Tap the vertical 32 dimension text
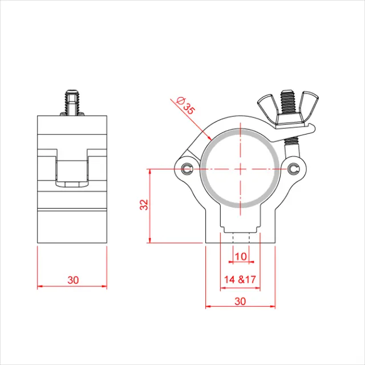[x=144, y=205]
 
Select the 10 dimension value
[x=241, y=257]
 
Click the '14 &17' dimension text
[x=240, y=280]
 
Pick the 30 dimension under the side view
[x=72, y=280]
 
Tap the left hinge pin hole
[x=189, y=168]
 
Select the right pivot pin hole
[x=294, y=168]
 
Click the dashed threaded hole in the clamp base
[x=241, y=236]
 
